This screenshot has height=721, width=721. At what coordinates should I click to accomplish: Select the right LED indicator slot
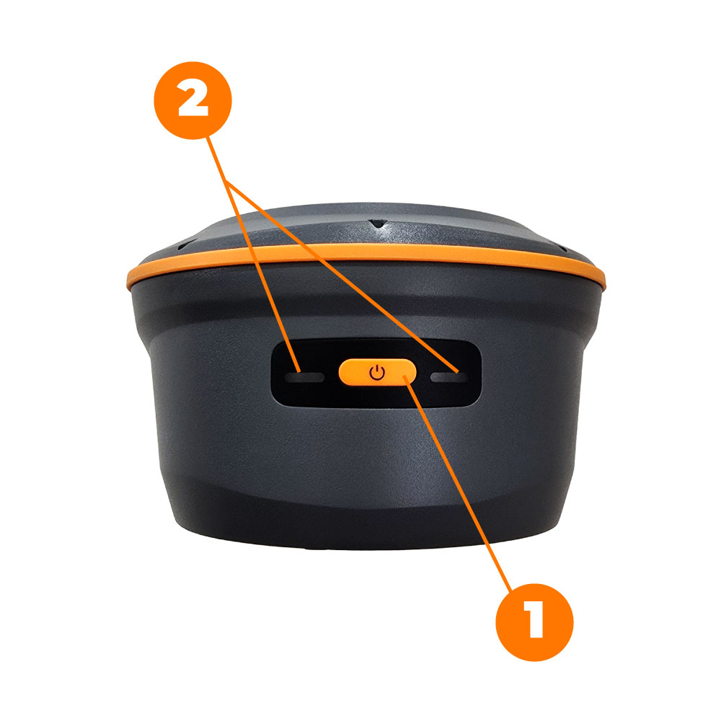[x=445, y=376]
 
